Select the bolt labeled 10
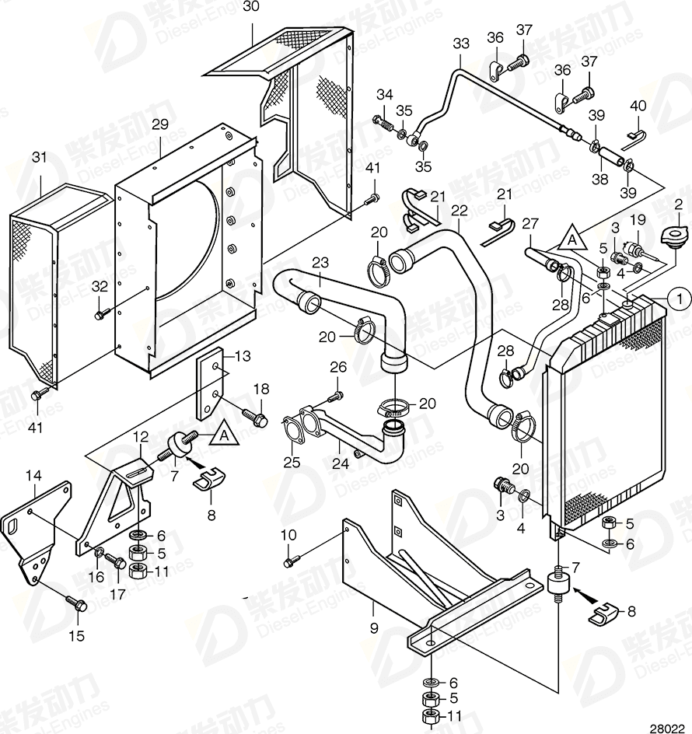click(291, 561)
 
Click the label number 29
click(160, 124)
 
